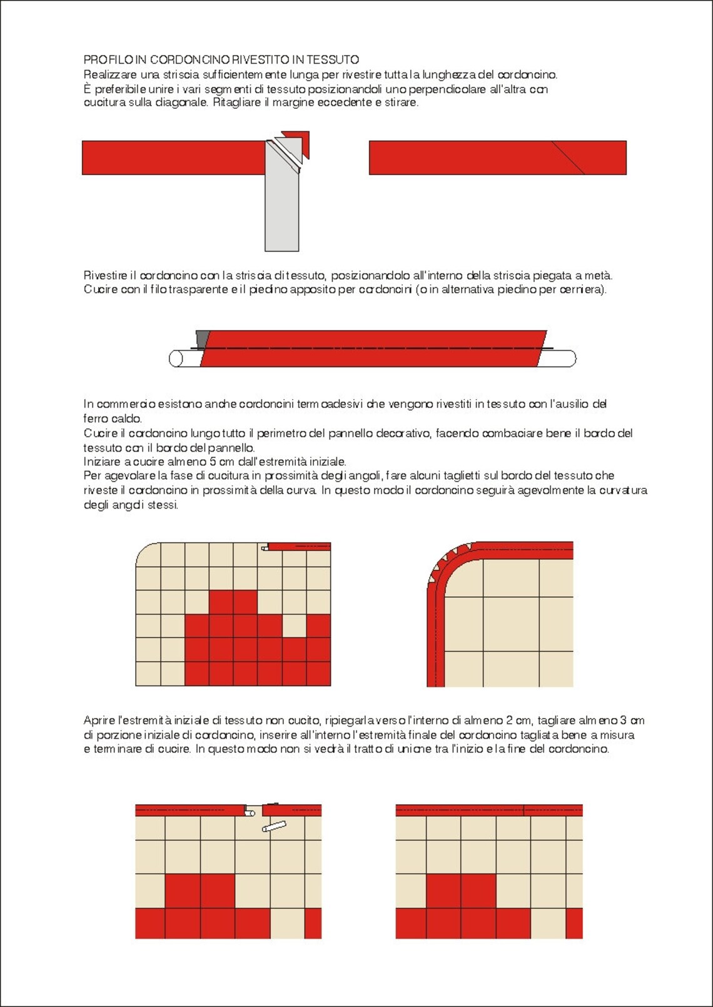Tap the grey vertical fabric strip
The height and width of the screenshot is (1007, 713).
[281, 213]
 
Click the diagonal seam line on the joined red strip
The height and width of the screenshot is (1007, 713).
[568, 158]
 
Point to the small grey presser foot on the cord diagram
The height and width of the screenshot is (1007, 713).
[202, 338]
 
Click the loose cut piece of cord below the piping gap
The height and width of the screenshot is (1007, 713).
[274, 827]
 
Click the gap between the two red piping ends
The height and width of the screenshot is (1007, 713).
[253, 811]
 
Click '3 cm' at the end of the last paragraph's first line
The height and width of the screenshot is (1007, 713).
[632, 721]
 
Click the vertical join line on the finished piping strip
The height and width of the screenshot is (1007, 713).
[523, 811]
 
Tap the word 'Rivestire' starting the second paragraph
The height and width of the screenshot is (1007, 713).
[105, 275]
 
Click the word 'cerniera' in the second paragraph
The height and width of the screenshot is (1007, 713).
[584, 290]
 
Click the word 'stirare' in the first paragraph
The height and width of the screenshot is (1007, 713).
[400, 103]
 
